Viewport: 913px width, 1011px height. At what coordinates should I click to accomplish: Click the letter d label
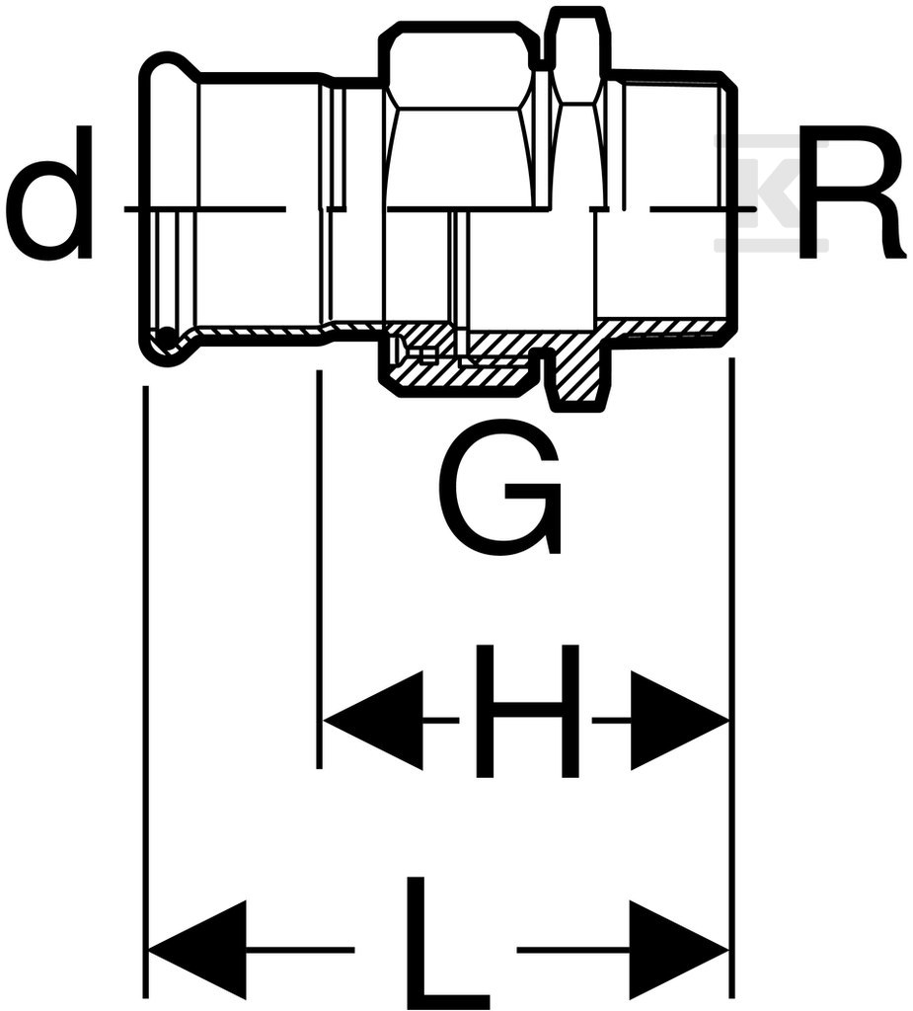click(x=49, y=193)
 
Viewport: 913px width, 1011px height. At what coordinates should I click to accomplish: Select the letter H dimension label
click(x=526, y=711)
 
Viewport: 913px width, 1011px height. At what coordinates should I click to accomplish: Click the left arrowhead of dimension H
click(x=373, y=719)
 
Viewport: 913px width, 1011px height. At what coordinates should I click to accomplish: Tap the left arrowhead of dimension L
click(x=198, y=949)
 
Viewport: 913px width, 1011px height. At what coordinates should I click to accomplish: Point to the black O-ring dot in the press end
click(x=167, y=337)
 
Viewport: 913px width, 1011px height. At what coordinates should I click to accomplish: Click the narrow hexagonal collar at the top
click(x=575, y=55)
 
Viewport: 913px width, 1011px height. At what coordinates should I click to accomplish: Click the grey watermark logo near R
click(x=771, y=194)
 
